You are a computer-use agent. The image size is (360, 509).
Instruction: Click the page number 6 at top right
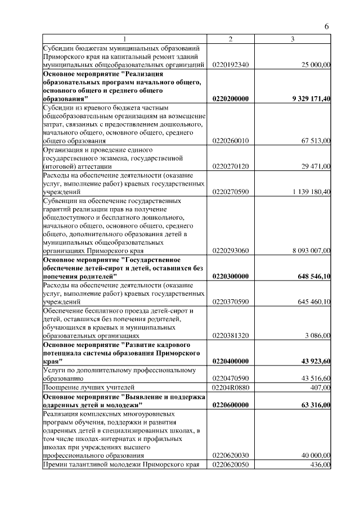coord(327,27)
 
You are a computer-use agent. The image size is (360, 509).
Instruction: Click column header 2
coord(230,39)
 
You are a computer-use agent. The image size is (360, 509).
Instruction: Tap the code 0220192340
coord(231,65)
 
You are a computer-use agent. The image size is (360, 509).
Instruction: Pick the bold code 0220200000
coord(231,98)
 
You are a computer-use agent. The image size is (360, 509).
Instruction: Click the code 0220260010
coord(231,141)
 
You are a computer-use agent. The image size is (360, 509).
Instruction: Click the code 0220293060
coord(231,251)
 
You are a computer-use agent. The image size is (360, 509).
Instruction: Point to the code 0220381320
coord(231,335)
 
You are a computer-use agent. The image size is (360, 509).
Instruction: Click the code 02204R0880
coord(231,388)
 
